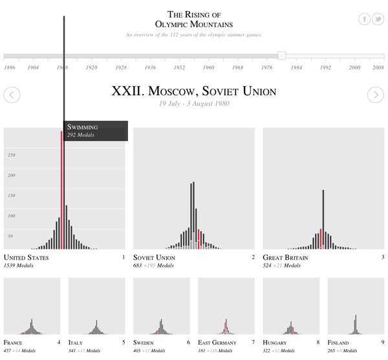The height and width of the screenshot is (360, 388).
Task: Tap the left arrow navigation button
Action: click(12, 95)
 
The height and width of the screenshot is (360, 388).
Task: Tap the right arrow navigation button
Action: click(376, 95)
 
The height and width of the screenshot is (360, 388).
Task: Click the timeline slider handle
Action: click(281, 56)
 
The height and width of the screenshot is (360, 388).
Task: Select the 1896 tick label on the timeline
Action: click(10, 67)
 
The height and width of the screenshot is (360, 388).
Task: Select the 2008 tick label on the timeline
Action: click(378, 67)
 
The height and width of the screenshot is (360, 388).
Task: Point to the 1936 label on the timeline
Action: click(150, 67)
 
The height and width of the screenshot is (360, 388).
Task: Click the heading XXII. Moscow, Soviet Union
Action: click(193, 91)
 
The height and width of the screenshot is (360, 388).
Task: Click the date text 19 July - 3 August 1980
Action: click(193, 104)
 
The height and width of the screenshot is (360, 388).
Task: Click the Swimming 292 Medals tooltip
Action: click(95, 131)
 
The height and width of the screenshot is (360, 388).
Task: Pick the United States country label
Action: click(26, 258)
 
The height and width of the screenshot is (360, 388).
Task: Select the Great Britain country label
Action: click(285, 258)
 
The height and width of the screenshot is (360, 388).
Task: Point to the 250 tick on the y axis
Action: click(10, 155)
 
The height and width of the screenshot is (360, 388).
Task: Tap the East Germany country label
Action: click(217, 343)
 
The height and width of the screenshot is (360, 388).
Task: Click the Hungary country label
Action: click(275, 343)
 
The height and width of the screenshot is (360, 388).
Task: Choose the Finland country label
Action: click(338, 343)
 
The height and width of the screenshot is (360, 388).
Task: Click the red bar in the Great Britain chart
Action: click(321, 238)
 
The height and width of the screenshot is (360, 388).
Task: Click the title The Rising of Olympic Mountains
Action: click(194, 19)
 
